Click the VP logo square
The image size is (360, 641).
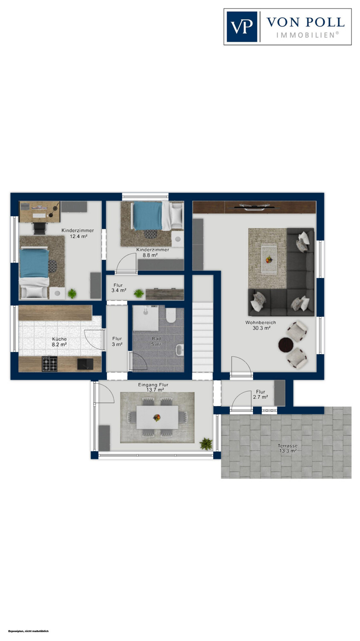click(242, 26)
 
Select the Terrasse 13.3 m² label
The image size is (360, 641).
click(288, 448)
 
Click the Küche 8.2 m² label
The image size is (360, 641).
click(59, 342)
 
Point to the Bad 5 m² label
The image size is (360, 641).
click(156, 341)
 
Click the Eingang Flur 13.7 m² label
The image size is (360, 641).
click(153, 387)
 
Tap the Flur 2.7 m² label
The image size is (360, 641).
click(260, 394)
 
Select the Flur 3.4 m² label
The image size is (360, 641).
click(118, 288)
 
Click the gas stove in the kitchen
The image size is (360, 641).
click(50, 364)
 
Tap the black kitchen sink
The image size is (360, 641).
click(85, 364)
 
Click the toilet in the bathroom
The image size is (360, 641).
click(171, 316)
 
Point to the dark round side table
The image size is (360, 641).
click(286, 345)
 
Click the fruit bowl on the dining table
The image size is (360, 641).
click(157, 418)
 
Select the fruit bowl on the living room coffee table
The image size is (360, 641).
click(269, 260)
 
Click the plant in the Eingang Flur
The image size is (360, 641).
click(206, 444)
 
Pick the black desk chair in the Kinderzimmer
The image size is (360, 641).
click(39, 229)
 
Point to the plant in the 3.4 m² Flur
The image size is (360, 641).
click(139, 293)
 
